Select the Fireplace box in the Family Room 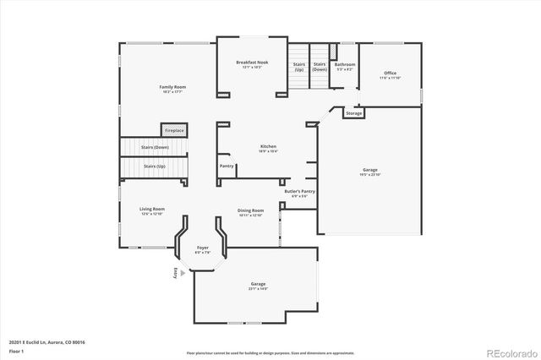click(x=174, y=130)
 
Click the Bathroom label click(x=344, y=66)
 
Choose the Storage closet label click(x=354, y=112)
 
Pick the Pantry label click(x=227, y=166)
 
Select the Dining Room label click(x=251, y=211)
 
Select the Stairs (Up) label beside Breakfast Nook click(x=298, y=67)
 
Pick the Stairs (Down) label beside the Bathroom click(x=320, y=67)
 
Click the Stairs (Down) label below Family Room click(x=155, y=147)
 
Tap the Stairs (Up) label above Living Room click(x=155, y=166)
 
